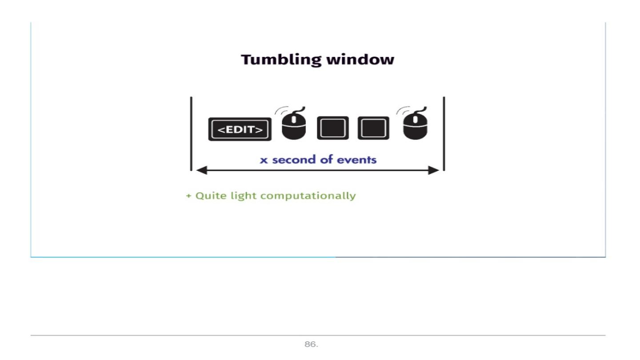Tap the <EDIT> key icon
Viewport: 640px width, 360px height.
point(240,129)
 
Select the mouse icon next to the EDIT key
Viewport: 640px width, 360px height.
point(294,125)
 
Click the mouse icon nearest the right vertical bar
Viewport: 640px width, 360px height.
point(415,125)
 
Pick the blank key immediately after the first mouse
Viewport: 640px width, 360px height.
point(332,128)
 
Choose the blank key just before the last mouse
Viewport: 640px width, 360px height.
point(373,128)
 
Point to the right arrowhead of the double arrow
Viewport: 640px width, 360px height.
point(435,170)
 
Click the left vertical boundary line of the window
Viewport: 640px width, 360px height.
point(191,133)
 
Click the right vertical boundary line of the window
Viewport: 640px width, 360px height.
point(444,133)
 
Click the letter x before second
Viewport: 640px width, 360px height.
point(263,160)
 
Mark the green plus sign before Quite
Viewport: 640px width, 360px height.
point(188,196)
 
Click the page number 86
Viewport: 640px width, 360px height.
point(311,344)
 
